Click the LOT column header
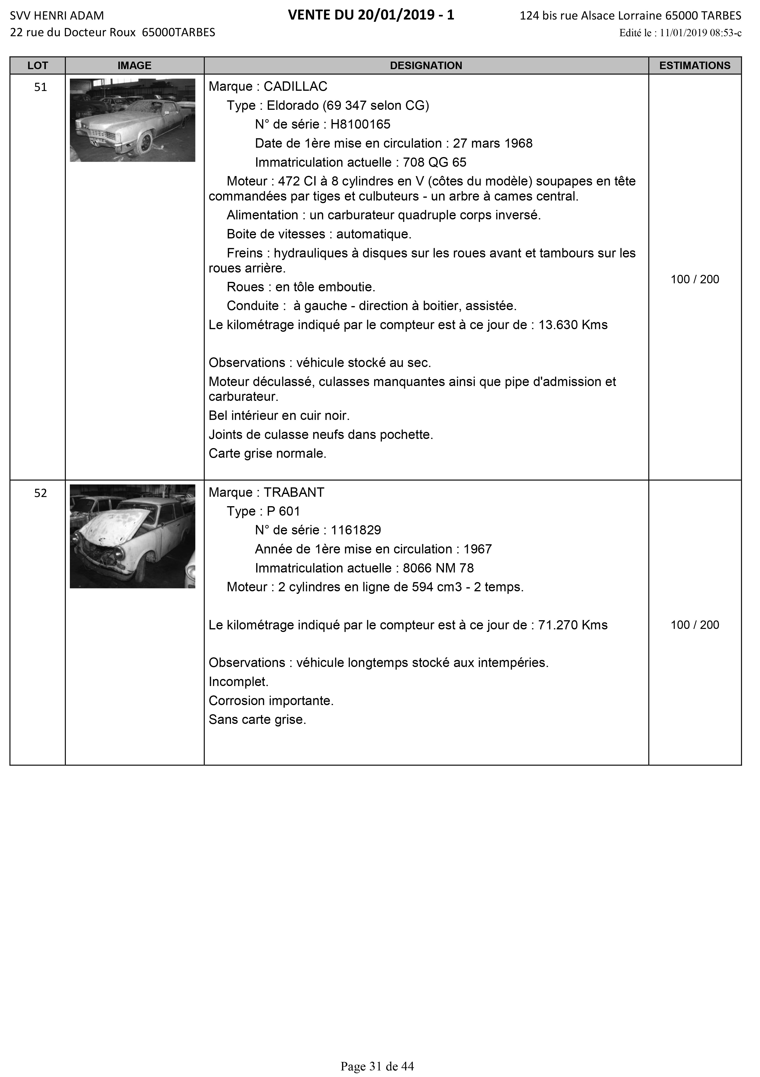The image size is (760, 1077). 38,66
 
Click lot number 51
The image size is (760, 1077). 41,87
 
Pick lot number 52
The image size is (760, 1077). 41,493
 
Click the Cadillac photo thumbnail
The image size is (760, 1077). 132,120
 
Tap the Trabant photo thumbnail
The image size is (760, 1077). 132,536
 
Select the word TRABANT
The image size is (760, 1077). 294,493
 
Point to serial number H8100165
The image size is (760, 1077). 361,124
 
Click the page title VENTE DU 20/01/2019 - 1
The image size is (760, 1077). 371,16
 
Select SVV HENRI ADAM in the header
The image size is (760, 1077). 57,16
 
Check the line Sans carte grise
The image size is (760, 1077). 257,720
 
